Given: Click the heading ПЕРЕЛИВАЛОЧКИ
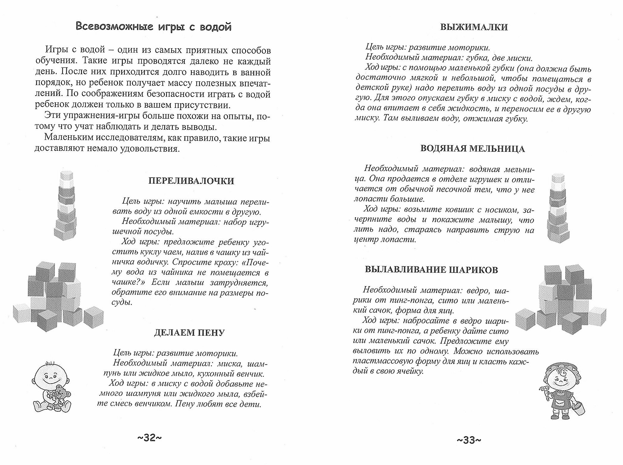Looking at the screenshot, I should [191, 181].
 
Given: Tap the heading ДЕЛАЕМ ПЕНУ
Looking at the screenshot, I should [189, 333].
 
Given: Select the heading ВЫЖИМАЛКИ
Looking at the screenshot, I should [474, 27].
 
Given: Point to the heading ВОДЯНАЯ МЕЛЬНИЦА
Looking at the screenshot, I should [473, 149].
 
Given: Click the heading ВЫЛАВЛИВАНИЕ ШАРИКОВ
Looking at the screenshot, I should [431, 270].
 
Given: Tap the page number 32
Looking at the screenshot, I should [150, 438].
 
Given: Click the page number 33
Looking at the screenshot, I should [469, 440].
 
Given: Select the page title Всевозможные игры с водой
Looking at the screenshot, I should [154, 27].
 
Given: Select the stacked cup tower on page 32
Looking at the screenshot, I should [66, 206].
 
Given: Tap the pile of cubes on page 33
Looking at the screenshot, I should [561, 299].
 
